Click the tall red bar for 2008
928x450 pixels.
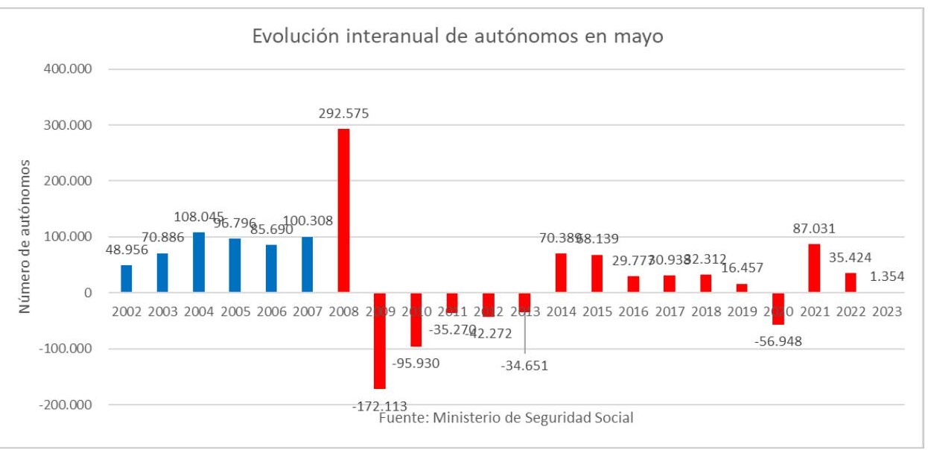point(343,210)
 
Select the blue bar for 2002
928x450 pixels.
point(127,279)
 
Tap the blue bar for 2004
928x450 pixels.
point(199,262)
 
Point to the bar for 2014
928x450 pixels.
point(561,273)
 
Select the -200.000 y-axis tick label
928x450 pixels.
point(64,405)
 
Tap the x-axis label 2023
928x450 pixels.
point(886,312)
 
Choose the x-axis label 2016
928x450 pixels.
point(633,312)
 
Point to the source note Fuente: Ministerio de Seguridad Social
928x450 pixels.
point(506,418)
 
